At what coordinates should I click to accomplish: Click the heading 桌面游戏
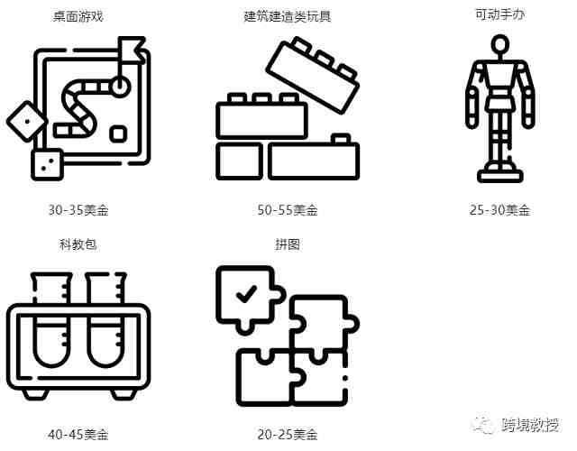pyautogui.click(x=78, y=16)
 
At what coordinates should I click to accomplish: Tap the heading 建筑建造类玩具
pyautogui.click(x=288, y=16)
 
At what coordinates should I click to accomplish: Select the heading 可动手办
pyautogui.click(x=499, y=14)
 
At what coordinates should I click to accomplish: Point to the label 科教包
pyautogui.click(x=78, y=244)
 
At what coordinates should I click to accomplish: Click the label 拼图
pyautogui.click(x=288, y=244)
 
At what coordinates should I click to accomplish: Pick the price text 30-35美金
pyautogui.click(x=78, y=210)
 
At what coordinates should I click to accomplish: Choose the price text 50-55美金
pyautogui.click(x=288, y=210)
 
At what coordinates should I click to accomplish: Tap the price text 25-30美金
pyautogui.click(x=499, y=210)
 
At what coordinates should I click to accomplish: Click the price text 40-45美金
pyautogui.click(x=78, y=435)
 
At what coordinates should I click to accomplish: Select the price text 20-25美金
pyautogui.click(x=288, y=435)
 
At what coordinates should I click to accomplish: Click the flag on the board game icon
pyautogui.click(x=131, y=49)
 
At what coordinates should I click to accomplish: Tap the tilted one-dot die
pyautogui.click(x=26, y=121)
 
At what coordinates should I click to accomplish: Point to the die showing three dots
pyautogui.click(x=47, y=164)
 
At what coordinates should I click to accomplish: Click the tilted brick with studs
pyautogui.click(x=313, y=75)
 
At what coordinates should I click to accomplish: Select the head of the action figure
pyautogui.click(x=500, y=45)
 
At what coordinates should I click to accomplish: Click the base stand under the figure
pyautogui.click(x=500, y=176)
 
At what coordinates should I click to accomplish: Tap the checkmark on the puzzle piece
pyautogui.click(x=246, y=294)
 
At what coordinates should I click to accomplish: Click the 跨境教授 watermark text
pyautogui.click(x=530, y=425)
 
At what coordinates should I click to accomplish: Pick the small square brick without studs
pyautogui.click(x=239, y=161)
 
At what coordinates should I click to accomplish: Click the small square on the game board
pyautogui.click(x=118, y=134)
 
